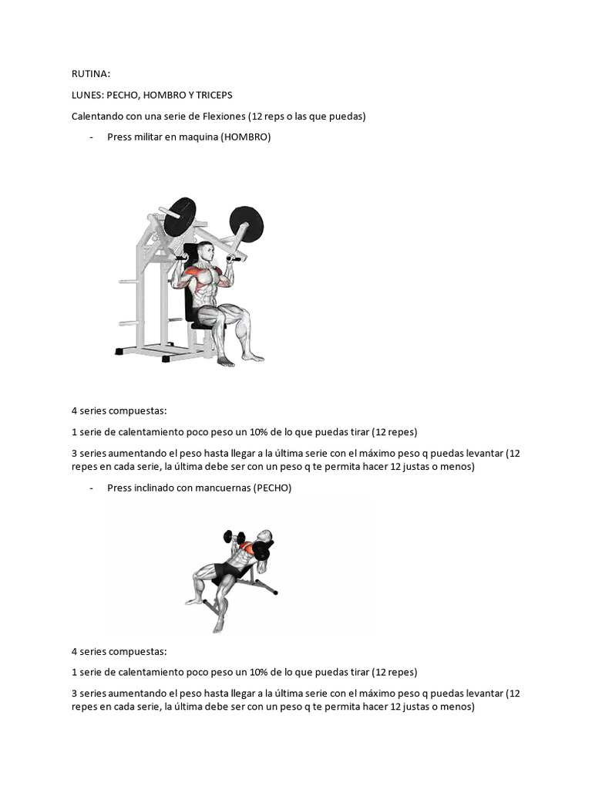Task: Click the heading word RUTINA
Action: pyautogui.click(x=90, y=74)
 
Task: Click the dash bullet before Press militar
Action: pyautogui.click(x=92, y=137)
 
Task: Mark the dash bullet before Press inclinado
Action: pyautogui.click(x=92, y=488)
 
